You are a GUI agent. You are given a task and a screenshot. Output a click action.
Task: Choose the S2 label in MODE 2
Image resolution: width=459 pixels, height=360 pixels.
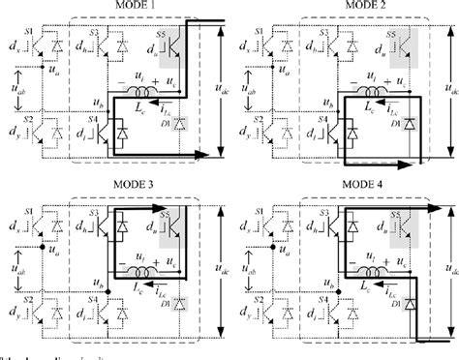point(259,112)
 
